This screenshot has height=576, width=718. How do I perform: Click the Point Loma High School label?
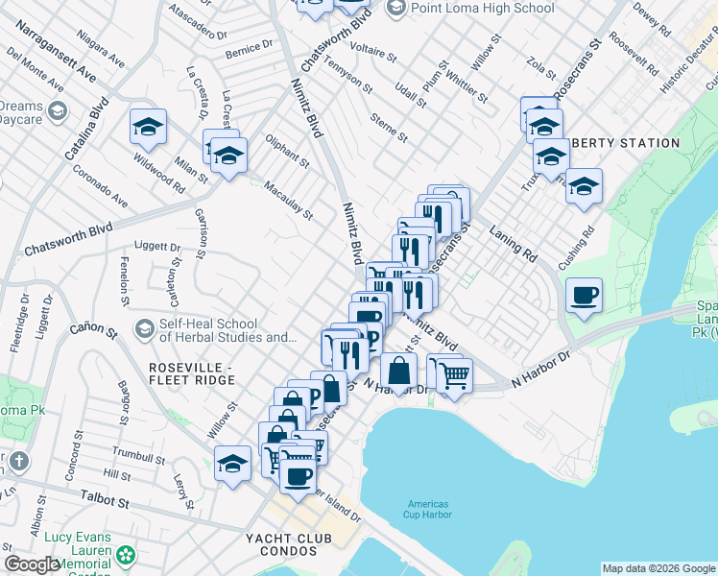pos(482,8)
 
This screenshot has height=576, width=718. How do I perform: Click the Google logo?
pos(33,564)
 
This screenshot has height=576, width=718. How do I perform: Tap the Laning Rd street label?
pos(513,244)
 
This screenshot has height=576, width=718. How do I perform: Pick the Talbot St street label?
pos(106,501)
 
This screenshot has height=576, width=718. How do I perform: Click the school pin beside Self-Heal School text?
pos(144,329)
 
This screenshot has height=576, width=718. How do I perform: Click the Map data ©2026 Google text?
pos(658,568)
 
